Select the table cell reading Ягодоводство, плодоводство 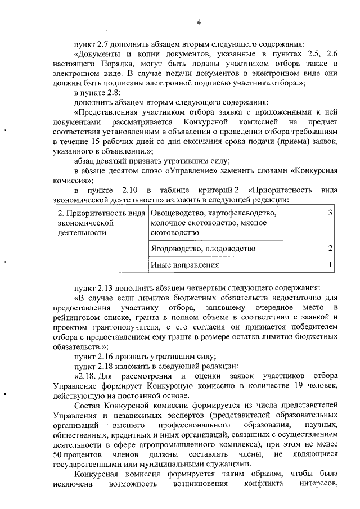point(203,248)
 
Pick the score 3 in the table point(330,213)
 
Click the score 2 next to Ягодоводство point(330,248)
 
